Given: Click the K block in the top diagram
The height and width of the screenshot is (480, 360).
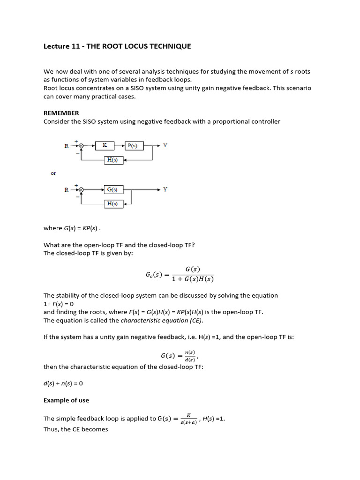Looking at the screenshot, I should (105, 146).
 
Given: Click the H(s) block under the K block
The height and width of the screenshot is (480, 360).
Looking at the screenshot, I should (113, 160).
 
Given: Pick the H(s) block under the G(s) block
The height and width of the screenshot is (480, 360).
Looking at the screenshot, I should (113, 204).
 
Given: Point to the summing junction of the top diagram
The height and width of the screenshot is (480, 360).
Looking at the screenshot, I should (82, 146).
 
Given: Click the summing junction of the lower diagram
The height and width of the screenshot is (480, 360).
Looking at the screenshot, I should (82, 190).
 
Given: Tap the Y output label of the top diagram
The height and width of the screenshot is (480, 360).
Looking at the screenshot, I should (165, 146).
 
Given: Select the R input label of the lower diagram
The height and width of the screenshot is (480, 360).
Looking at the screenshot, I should (67, 190).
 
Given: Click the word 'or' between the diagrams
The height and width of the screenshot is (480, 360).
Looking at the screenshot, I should (53, 173).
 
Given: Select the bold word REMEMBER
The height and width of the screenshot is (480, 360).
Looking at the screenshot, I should (61, 113).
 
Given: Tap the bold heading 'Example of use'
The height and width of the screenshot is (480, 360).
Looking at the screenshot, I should (66, 400).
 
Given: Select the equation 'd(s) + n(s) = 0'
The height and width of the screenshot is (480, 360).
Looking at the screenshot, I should (63, 383).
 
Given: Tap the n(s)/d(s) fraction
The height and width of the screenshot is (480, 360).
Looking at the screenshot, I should (189, 356).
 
